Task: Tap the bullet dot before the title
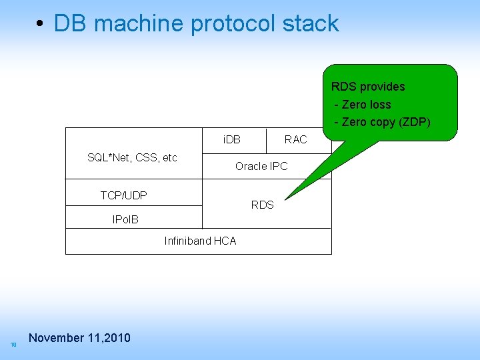41,25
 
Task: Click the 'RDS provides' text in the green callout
368,87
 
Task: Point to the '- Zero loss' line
363,105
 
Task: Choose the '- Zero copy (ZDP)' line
382,122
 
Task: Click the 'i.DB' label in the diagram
232,139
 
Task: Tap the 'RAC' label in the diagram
295,139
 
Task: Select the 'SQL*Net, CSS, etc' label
132,157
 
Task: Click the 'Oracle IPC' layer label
261,166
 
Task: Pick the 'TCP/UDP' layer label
123,195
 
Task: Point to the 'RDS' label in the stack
262,205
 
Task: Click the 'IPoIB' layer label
125,219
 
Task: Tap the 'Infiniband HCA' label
200,241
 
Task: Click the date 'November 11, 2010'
80,338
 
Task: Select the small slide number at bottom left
13,345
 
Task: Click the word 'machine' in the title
139,24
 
